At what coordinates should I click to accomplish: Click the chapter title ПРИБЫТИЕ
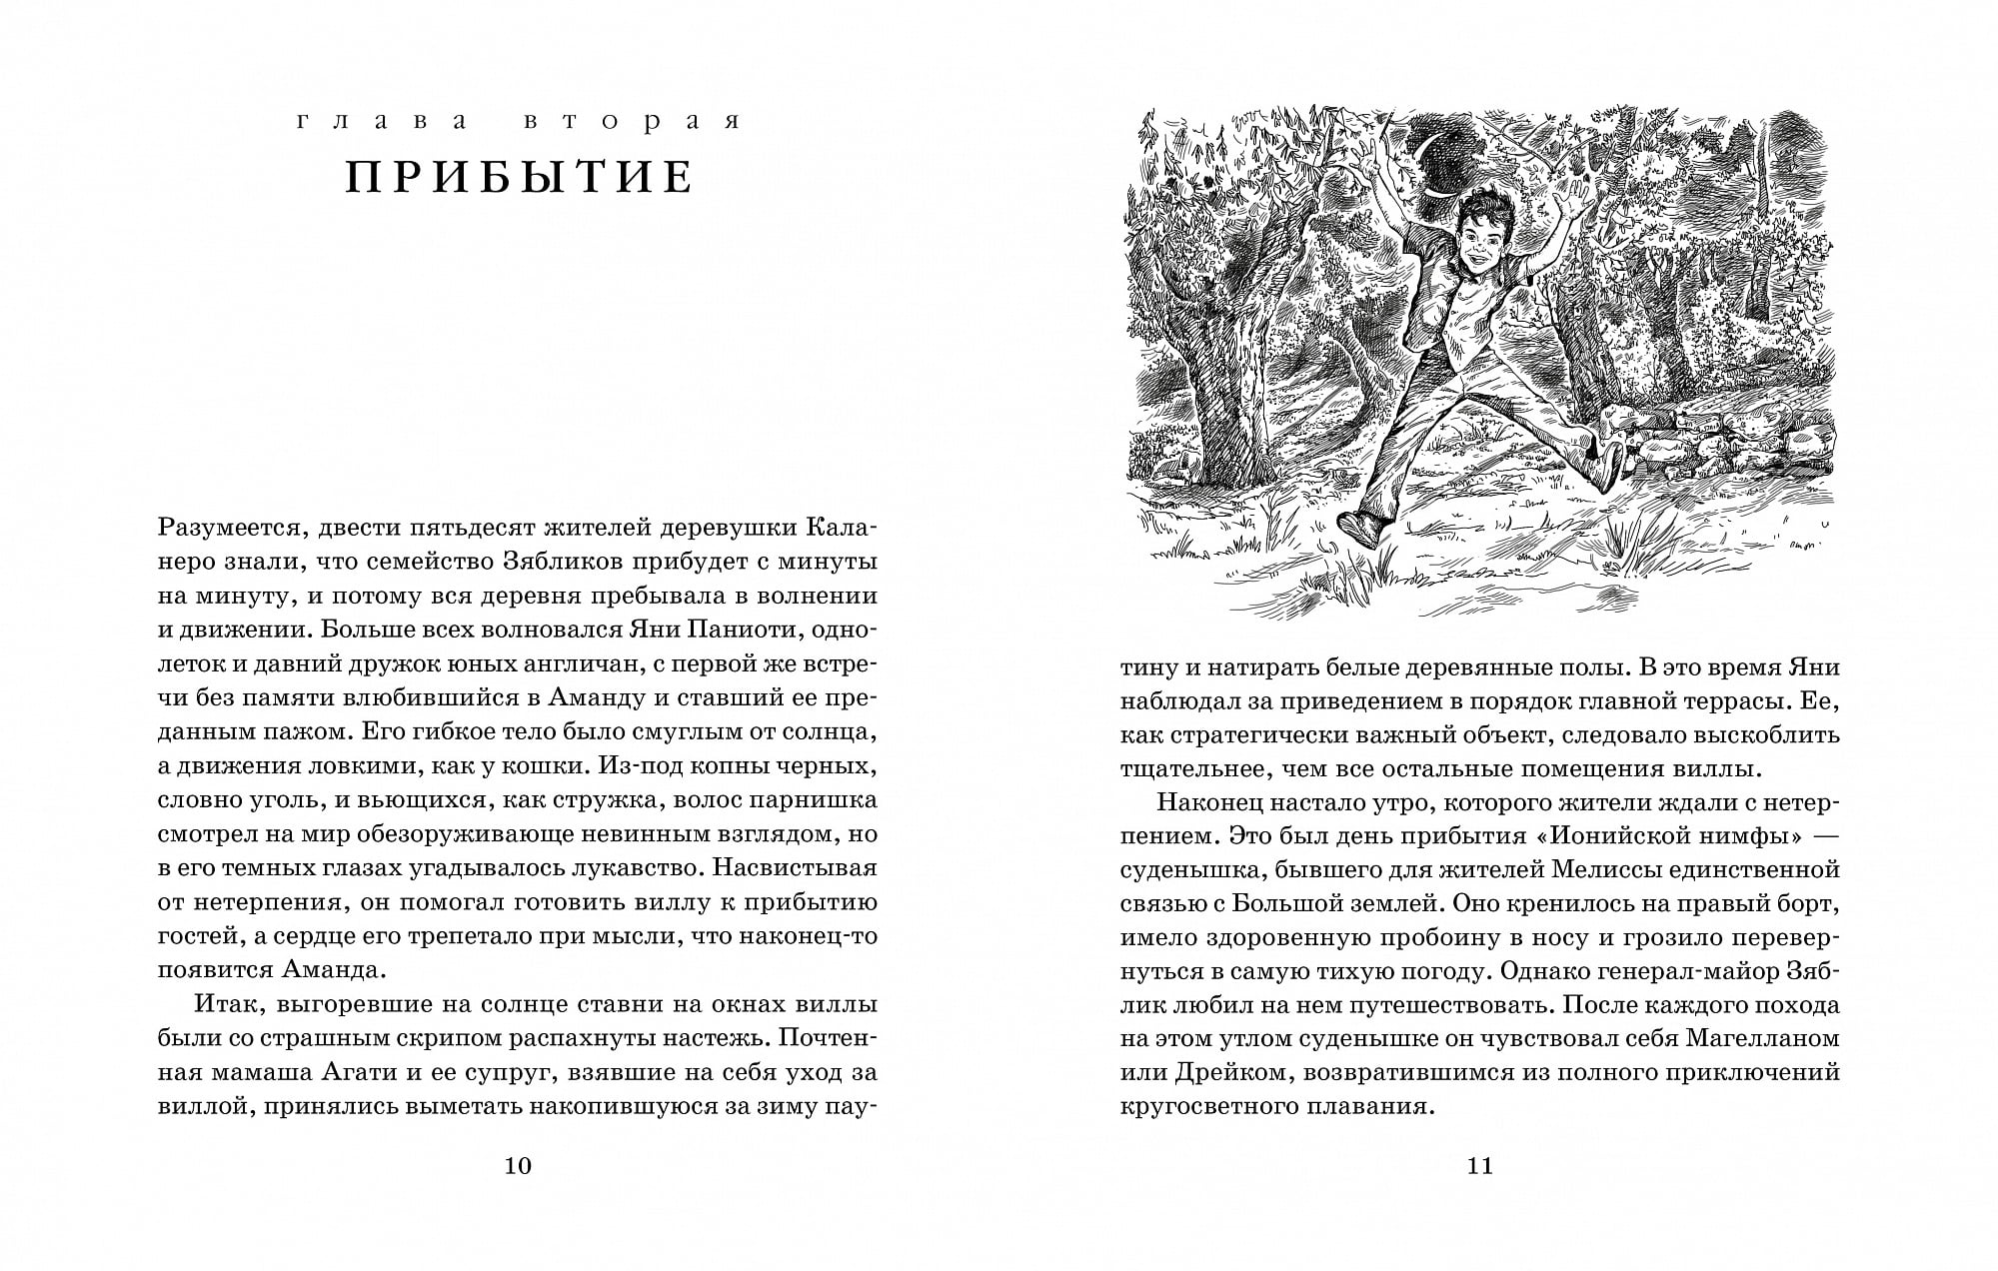[519, 177]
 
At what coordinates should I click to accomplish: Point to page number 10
[518, 1165]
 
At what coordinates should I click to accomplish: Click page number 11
[1479, 1165]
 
